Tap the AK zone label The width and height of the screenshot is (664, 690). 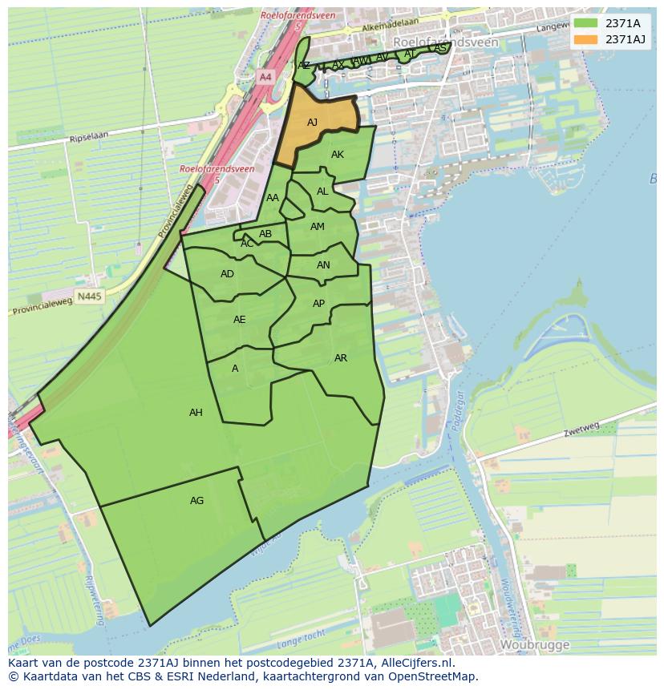pyautogui.click(x=338, y=155)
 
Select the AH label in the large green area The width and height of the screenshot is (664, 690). pyautogui.click(x=196, y=413)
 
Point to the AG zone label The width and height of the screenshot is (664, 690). pyautogui.click(x=196, y=501)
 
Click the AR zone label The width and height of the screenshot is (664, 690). pyautogui.click(x=341, y=358)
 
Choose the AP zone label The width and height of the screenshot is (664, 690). pyautogui.click(x=318, y=304)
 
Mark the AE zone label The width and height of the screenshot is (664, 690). pyautogui.click(x=239, y=320)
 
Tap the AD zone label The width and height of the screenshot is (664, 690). pyautogui.click(x=227, y=274)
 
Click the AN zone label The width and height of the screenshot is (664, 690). pyautogui.click(x=323, y=265)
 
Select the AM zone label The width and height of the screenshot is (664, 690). pyautogui.click(x=318, y=227)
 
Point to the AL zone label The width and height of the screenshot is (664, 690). pyautogui.click(x=322, y=192)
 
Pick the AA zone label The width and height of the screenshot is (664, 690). pyautogui.click(x=273, y=198)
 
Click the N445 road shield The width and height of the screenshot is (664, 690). pyautogui.click(x=90, y=297)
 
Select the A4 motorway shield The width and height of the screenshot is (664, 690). pyautogui.click(x=265, y=77)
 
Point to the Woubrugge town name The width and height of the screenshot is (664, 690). pyautogui.click(x=534, y=644)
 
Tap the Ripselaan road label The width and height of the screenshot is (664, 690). pyautogui.click(x=88, y=138)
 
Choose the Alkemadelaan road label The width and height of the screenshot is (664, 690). pyautogui.click(x=391, y=26)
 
